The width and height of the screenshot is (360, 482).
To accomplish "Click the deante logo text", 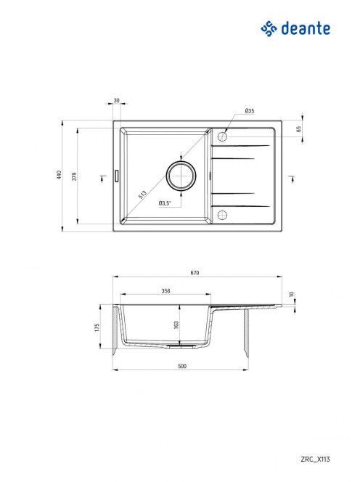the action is pyautogui.click(x=306, y=28).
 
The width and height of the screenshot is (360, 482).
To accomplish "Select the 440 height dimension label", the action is pyautogui.click(x=59, y=175).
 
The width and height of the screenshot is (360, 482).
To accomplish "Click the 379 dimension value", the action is pyautogui.click(x=74, y=176).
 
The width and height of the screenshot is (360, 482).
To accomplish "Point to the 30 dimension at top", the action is pyautogui.click(x=117, y=100).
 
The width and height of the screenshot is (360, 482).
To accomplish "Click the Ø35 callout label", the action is pyautogui.click(x=250, y=110).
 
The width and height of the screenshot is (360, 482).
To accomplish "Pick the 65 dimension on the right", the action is pyautogui.click(x=298, y=128).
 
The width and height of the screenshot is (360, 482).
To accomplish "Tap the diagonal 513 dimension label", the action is pyautogui.click(x=142, y=195).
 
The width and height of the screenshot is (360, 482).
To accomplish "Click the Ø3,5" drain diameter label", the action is pyautogui.click(x=165, y=203).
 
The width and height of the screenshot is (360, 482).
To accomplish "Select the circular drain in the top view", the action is pyautogui.click(x=181, y=176).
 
